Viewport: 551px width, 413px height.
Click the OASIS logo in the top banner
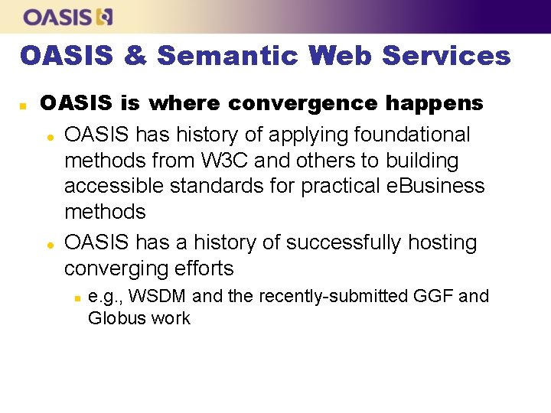68,16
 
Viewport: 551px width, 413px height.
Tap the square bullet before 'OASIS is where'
23,104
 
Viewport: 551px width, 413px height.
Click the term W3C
230,161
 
